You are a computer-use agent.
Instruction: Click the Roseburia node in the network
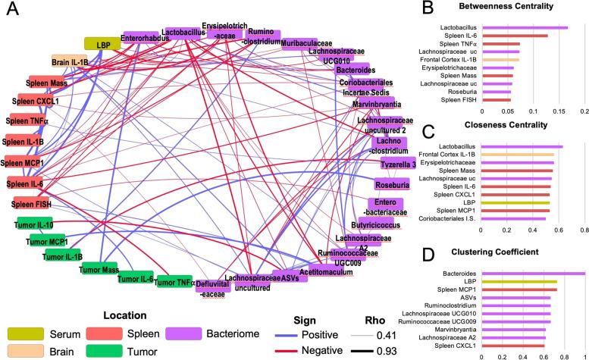[x=393, y=183]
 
